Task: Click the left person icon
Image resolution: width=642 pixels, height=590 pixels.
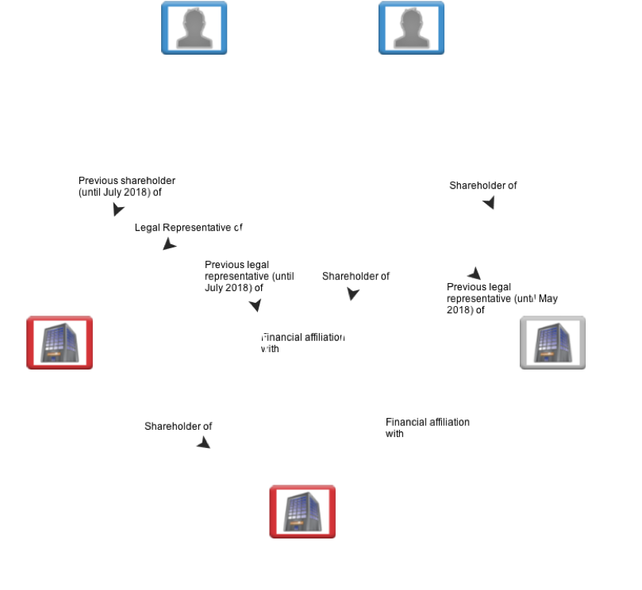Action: click(194, 28)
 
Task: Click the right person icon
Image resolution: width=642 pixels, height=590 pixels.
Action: click(411, 28)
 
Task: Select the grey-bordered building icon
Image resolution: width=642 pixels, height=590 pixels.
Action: click(552, 343)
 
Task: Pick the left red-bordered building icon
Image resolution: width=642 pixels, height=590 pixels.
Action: click(60, 343)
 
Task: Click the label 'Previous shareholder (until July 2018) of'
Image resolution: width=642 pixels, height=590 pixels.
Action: click(127, 186)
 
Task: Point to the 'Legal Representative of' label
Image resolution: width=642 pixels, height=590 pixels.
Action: click(188, 228)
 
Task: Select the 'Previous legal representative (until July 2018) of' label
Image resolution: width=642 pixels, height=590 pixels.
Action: click(249, 276)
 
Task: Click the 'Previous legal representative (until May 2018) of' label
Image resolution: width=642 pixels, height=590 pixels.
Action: click(492, 298)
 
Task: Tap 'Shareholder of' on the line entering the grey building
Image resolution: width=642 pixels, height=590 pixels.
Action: click(483, 186)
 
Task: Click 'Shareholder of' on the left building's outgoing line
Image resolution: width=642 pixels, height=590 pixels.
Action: click(179, 427)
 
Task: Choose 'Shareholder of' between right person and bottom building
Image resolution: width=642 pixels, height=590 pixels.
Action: click(356, 277)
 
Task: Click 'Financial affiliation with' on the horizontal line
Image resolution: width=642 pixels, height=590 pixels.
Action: click(303, 343)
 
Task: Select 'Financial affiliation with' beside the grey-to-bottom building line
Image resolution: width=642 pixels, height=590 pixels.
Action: click(427, 427)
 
